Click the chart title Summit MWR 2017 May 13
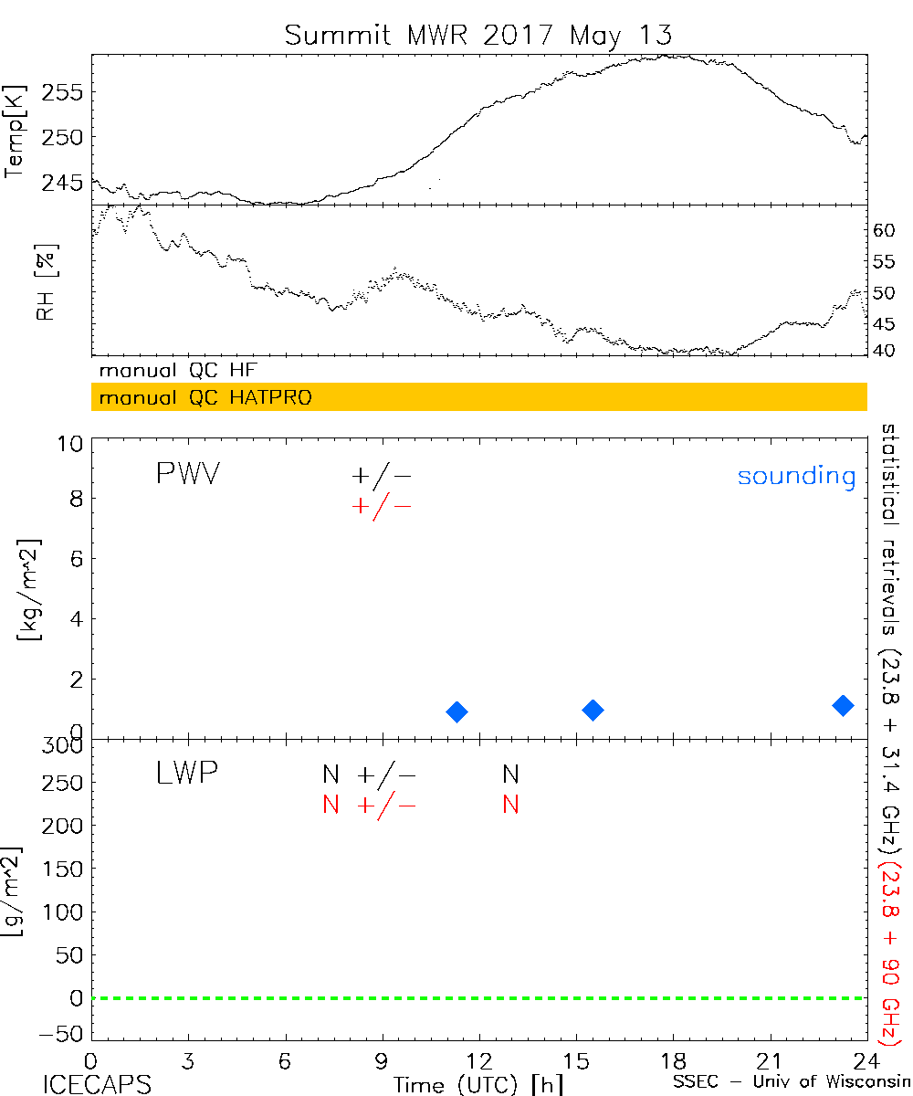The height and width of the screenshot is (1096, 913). (x=478, y=35)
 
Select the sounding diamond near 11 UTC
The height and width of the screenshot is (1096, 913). (x=457, y=711)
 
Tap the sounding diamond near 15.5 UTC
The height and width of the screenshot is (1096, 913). (x=593, y=710)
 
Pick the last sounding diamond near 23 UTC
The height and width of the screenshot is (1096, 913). (x=843, y=704)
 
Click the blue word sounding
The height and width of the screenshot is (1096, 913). (x=796, y=476)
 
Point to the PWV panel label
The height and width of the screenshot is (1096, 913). (x=187, y=475)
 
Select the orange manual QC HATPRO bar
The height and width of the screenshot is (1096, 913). (x=478, y=397)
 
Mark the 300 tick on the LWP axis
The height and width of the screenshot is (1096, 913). (x=63, y=745)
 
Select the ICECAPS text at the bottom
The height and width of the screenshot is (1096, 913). (x=97, y=1084)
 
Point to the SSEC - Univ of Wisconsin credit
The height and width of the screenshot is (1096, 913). (x=791, y=1084)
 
